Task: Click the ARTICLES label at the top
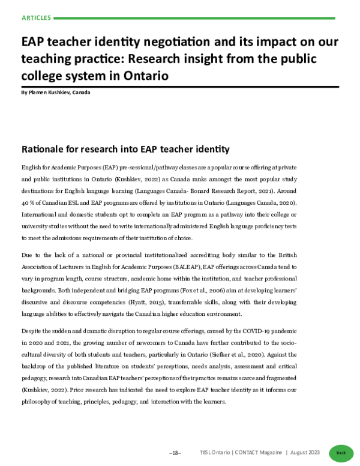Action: pos(36,18)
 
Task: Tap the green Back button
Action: pos(341,452)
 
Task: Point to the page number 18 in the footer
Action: pos(175,452)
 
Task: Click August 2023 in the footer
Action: pos(305,452)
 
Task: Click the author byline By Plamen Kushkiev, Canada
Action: pos(56,93)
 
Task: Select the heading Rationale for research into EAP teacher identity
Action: pos(125,148)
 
